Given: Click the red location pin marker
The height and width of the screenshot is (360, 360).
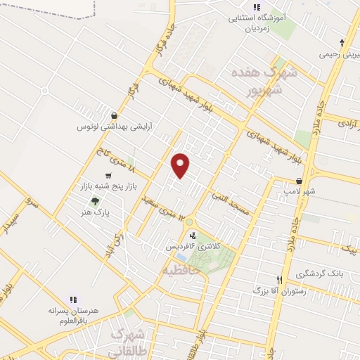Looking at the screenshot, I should coord(181,165).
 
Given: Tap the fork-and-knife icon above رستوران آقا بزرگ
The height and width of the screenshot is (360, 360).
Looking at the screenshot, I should coord(279,279).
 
